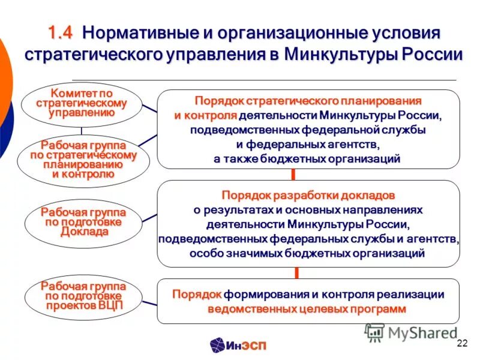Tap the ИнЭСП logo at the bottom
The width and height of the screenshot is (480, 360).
point(238,344)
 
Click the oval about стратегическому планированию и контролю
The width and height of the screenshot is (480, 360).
point(83,160)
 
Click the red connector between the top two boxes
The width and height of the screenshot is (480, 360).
point(293,175)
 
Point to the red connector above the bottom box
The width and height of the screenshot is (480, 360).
point(295,273)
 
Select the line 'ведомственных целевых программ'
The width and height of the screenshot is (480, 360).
point(307,309)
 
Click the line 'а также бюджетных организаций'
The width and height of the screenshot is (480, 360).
point(307,159)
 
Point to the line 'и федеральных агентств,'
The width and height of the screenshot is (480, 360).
point(308,145)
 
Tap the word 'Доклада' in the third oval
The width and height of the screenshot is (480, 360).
point(84,232)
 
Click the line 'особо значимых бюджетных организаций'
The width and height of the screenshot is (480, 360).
point(307,254)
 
